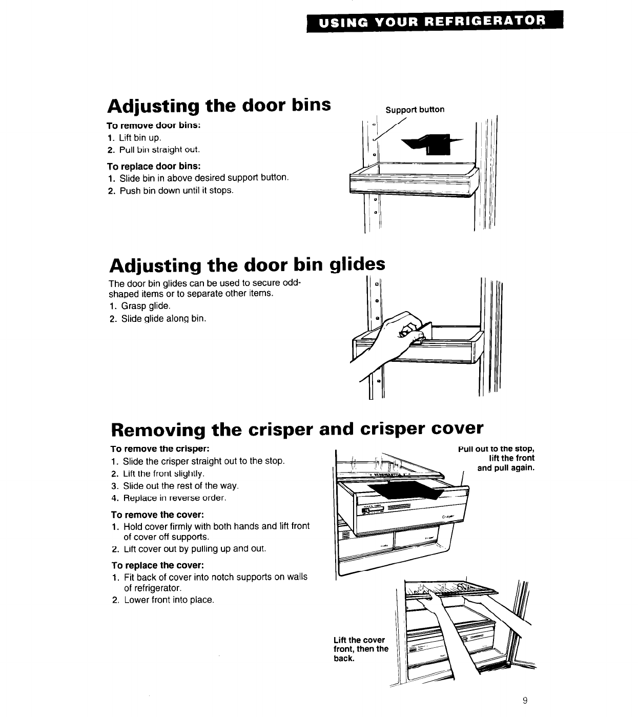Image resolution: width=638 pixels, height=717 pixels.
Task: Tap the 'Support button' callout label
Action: click(415, 110)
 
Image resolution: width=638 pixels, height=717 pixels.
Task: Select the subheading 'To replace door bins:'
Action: click(154, 166)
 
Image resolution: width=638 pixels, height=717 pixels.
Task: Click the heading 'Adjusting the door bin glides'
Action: click(246, 265)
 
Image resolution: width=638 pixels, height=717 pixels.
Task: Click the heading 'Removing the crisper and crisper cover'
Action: click(297, 428)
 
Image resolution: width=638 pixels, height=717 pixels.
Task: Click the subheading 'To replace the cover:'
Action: click(158, 565)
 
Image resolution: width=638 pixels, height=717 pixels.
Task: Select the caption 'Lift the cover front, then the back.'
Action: click(360, 649)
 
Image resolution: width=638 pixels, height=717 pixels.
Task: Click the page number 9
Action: click(525, 701)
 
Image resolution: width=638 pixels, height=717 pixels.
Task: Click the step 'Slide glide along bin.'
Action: click(157, 319)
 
